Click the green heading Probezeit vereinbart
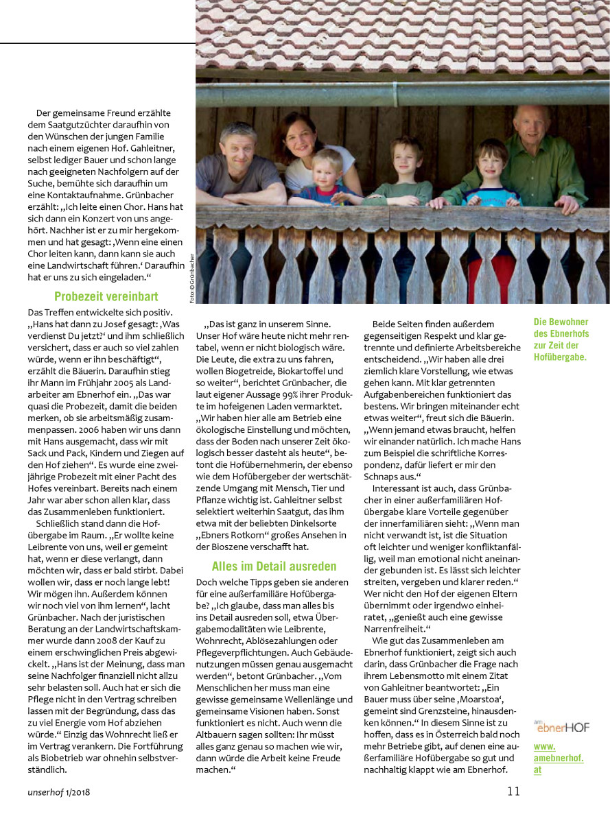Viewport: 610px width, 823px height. click(106, 297)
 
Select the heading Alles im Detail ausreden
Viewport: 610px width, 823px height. click(274, 566)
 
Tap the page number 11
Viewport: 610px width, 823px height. click(514, 791)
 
